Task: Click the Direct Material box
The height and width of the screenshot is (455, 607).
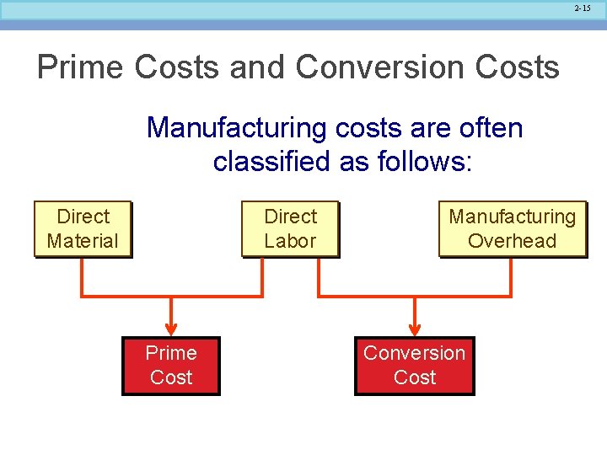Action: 83,228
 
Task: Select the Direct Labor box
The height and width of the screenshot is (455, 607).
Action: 290,228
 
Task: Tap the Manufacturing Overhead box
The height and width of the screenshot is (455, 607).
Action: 512,228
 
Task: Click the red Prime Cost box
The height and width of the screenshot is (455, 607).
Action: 171,366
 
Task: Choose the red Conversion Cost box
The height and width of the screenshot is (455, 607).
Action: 414,366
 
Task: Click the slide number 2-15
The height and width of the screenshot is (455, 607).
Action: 583,8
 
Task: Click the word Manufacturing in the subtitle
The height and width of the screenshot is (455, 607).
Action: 237,128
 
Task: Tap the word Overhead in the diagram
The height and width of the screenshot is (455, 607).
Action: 512,241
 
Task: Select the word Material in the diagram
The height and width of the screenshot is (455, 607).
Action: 83,241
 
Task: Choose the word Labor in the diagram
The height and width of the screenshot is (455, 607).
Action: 290,241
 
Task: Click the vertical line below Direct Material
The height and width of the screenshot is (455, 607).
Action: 82,276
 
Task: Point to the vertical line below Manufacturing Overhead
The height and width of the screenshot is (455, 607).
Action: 511,276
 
